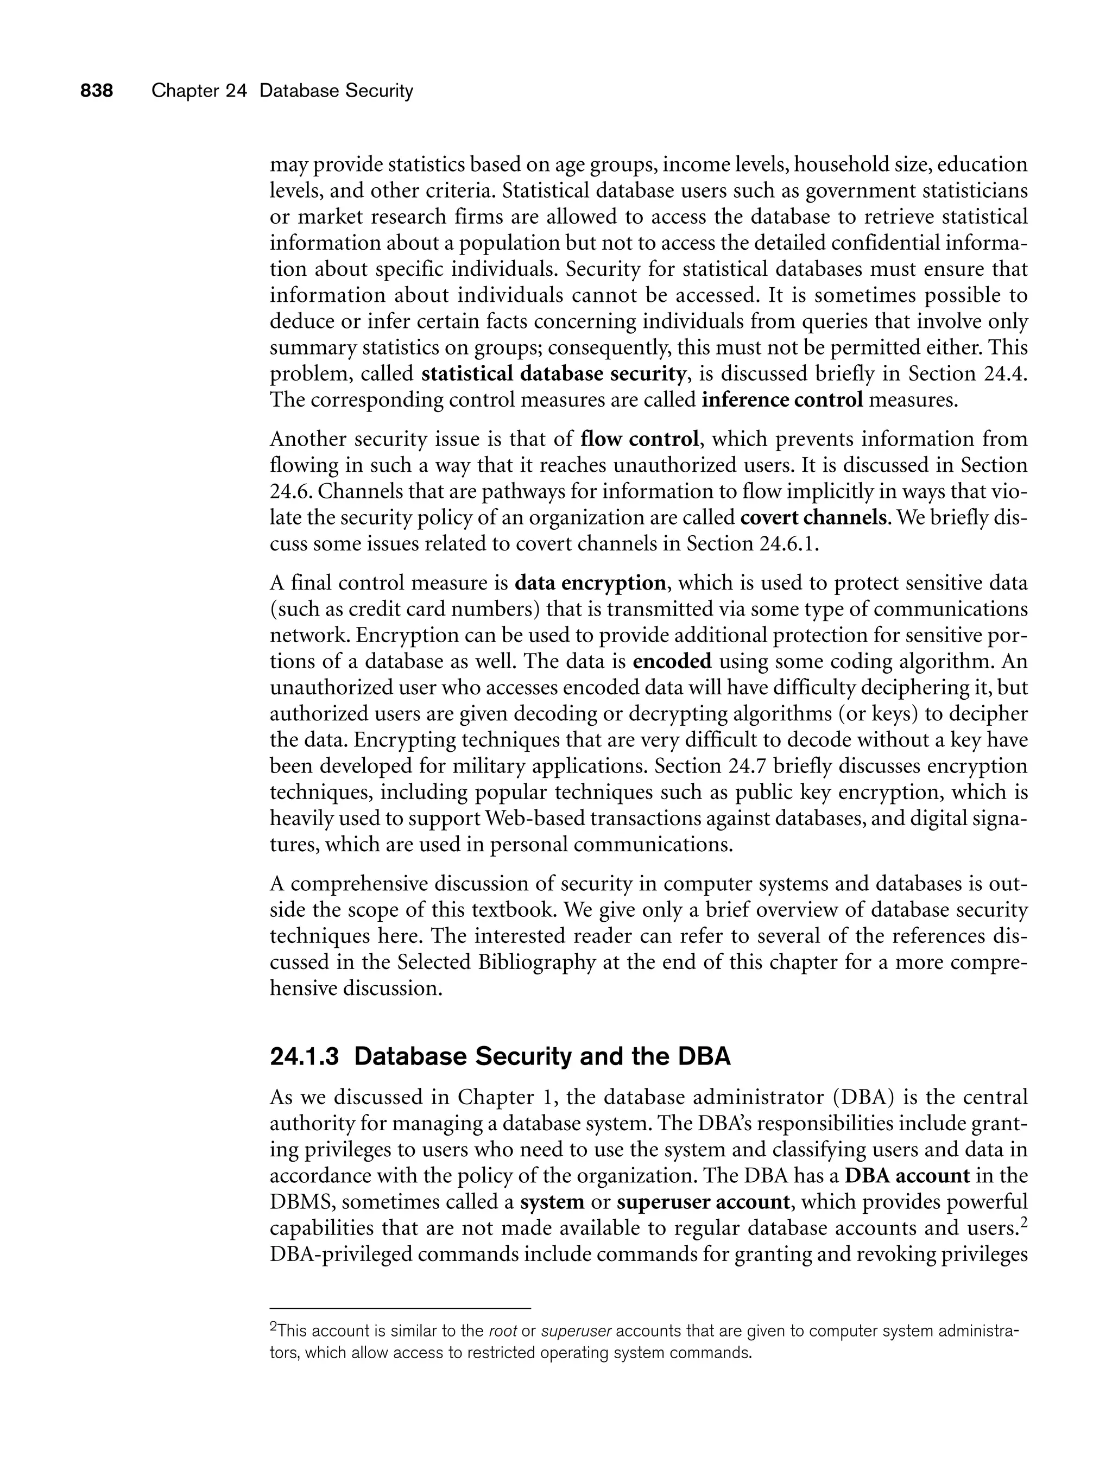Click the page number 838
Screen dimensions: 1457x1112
[x=97, y=91]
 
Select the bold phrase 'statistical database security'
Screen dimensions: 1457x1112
[x=553, y=375]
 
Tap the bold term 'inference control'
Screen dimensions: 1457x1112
[x=782, y=400]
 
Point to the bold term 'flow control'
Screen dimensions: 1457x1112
[x=640, y=439]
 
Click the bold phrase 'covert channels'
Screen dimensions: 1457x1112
[x=813, y=517]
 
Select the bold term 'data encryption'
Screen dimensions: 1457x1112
[x=590, y=583]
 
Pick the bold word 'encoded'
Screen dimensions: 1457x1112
[x=673, y=661]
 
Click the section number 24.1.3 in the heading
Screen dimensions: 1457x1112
[x=305, y=1057]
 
